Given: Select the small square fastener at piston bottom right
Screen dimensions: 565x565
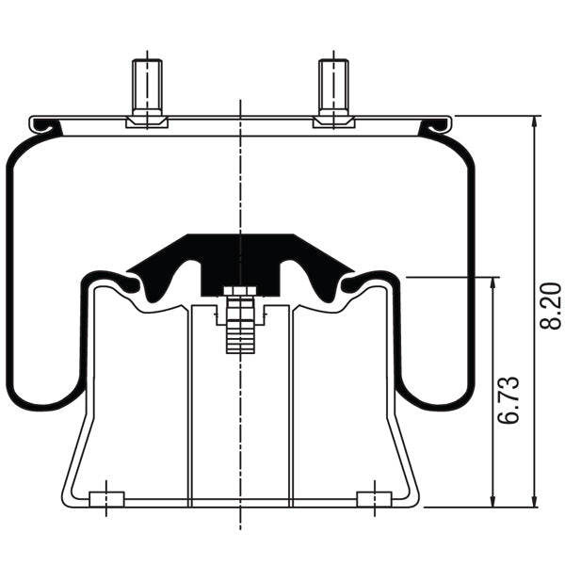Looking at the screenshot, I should coord(374,497).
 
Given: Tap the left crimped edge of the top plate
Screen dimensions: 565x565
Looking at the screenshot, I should coord(42,124).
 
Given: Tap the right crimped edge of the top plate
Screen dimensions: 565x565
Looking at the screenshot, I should coord(439,124).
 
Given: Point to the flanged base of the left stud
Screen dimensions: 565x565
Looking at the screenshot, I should coord(146,121).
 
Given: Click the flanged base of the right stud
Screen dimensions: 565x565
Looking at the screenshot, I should coord(333,121).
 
